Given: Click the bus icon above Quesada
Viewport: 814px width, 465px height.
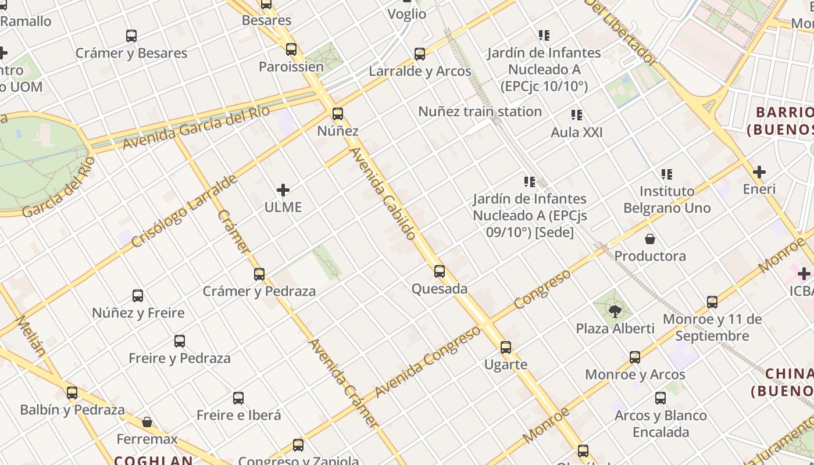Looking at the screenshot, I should pyautogui.click(x=440, y=271).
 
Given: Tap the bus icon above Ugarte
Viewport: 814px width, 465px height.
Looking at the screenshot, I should pyautogui.click(x=506, y=348).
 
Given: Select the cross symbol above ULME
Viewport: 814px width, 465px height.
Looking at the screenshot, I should pyautogui.click(x=283, y=190).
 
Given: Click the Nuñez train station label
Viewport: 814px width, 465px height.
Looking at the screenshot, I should pyautogui.click(x=480, y=111).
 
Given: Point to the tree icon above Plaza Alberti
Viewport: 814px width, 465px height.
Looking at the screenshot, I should pyautogui.click(x=615, y=312).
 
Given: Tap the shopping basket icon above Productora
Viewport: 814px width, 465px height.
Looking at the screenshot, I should pyautogui.click(x=650, y=239).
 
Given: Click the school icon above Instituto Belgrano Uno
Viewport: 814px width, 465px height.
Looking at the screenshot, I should pyautogui.click(x=667, y=174).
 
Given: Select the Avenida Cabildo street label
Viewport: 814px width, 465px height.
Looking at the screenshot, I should pyautogui.click(x=383, y=194).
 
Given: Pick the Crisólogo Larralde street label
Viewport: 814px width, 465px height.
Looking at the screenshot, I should pyautogui.click(x=184, y=210).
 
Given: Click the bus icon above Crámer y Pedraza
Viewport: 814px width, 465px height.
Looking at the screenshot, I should pyautogui.click(x=259, y=274).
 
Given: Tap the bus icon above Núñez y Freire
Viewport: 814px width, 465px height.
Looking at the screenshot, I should pyautogui.click(x=138, y=296).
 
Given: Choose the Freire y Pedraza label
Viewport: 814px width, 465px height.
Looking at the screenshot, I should pyautogui.click(x=179, y=358).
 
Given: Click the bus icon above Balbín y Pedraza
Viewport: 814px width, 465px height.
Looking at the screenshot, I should pyautogui.click(x=72, y=393).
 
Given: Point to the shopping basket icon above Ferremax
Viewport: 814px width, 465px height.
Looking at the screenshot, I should pyautogui.click(x=147, y=422).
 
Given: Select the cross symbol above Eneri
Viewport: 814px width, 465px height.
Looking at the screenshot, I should pyautogui.click(x=759, y=172).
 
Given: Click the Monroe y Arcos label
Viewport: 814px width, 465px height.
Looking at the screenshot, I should pyautogui.click(x=635, y=374).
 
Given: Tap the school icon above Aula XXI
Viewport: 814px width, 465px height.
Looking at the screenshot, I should pyautogui.click(x=577, y=115).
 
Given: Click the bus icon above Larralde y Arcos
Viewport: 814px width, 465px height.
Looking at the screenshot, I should pyautogui.click(x=420, y=54).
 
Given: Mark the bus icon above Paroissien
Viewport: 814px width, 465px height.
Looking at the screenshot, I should pyautogui.click(x=291, y=49).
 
